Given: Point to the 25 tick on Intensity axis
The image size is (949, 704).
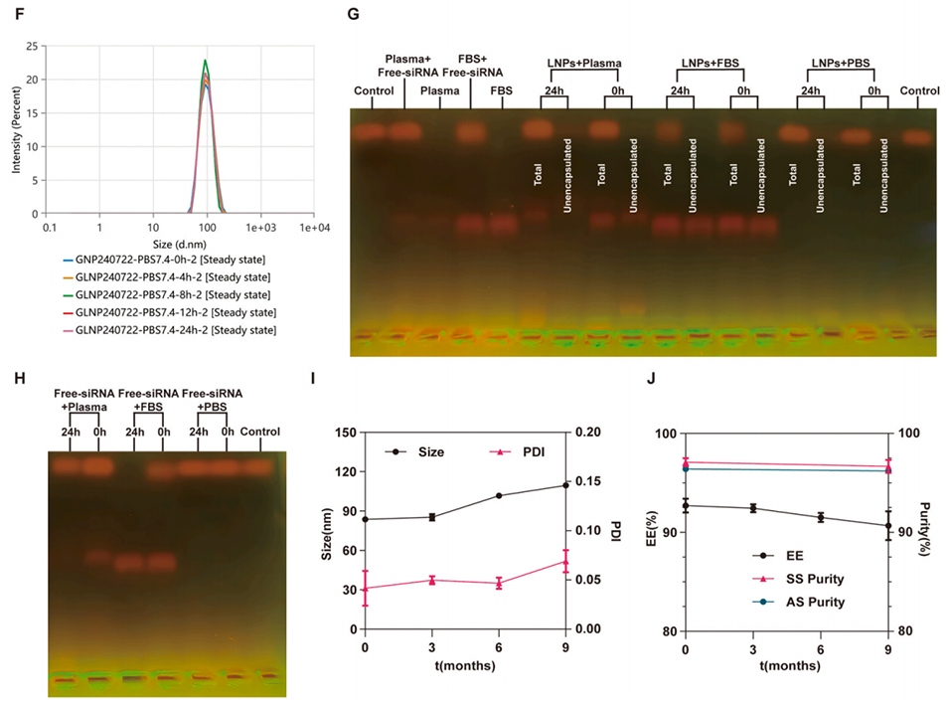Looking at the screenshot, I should click(34, 47).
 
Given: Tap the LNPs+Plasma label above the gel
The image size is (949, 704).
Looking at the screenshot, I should click(584, 65).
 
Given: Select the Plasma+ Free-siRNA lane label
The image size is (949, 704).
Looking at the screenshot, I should click(403, 64).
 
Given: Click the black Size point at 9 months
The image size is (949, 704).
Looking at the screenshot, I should click(565, 485).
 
